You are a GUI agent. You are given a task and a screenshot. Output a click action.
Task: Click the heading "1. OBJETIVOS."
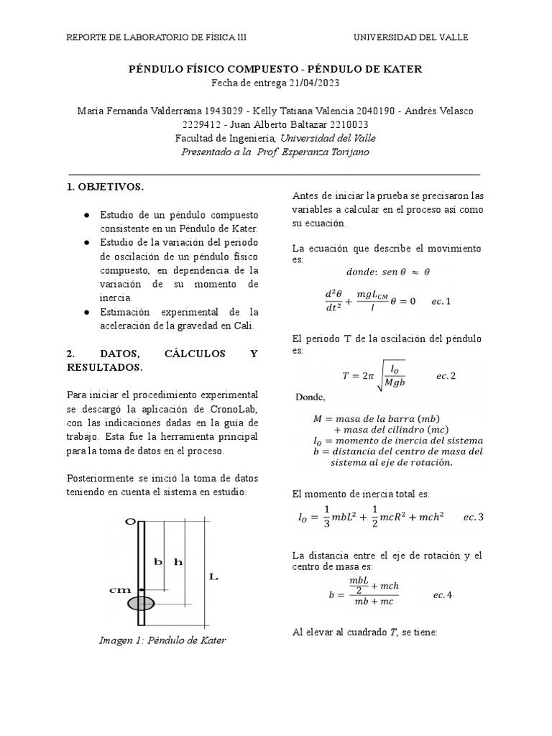point(105,187)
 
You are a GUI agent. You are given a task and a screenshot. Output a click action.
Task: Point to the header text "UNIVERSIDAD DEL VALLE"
point(410,38)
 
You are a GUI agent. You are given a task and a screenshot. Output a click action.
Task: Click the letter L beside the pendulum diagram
point(213,576)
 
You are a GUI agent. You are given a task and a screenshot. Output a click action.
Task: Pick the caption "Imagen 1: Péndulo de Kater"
point(162,640)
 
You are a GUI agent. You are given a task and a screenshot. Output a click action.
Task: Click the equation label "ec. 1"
point(441,301)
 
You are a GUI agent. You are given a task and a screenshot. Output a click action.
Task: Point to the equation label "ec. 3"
point(474,517)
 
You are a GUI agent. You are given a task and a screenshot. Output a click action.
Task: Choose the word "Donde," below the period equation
point(310,397)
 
